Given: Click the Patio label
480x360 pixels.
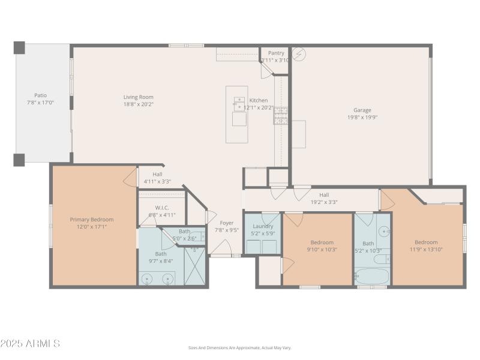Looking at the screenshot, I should click(x=40, y=95).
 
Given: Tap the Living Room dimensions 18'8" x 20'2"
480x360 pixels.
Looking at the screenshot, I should click(x=139, y=104).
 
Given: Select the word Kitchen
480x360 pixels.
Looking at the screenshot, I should click(x=259, y=100).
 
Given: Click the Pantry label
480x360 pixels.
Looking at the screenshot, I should click(x=276, y=53).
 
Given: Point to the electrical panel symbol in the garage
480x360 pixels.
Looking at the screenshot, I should click(x=298, y=54).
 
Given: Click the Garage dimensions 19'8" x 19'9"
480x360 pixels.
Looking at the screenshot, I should click(x=362, y=118).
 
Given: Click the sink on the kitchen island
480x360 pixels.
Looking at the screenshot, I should click(x=239, y=103).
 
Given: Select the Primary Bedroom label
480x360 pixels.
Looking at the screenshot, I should click(x=91, y=220).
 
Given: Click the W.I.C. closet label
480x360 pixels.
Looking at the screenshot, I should click(x=162, y=208).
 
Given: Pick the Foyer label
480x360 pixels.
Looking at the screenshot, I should click(x=227, y=223).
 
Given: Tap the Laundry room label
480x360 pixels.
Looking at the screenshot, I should click(x=263, y=226).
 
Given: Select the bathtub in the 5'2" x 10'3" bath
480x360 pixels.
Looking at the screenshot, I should click(x=372, y=277).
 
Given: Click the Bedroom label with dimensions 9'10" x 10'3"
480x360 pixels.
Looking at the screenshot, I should click(x=322, y=242).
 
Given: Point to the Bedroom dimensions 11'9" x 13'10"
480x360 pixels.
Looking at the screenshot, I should click(x=426, y=250).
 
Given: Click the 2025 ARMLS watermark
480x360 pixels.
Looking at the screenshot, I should click(x=30, y=344).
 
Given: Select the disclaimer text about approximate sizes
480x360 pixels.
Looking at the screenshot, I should click(x=240, y=347).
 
